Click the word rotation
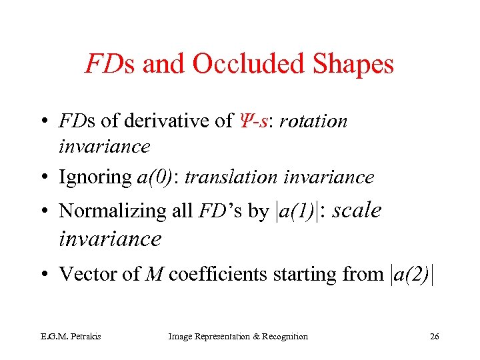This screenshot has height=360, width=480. pyautogui.click(x=314, y=121)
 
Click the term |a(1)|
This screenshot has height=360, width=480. pyautogui.click(x=298, y=211)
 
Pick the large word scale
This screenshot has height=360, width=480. pyautogui.click(x=357, y=210)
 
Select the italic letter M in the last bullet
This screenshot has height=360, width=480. pyautogui.click(x=154, y=274)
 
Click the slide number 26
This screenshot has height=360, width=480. pyautogui.click(x=435, y=337)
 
